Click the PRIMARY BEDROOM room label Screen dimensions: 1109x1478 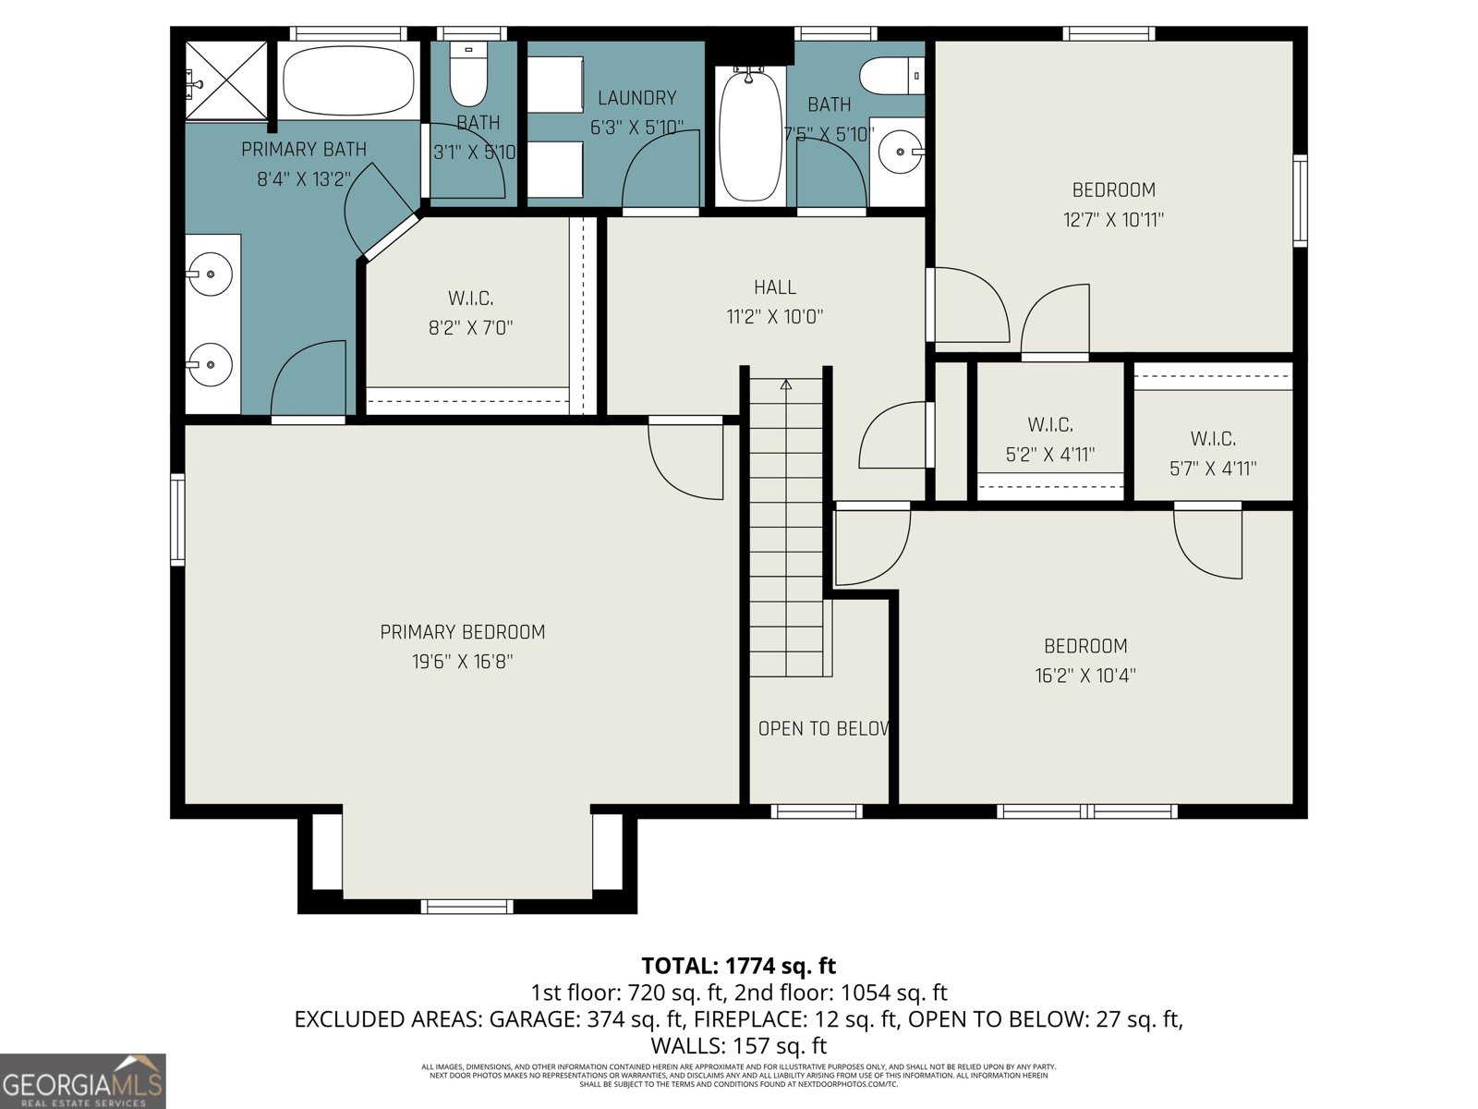[x=462, y=632]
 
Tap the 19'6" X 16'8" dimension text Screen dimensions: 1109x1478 [x=462, y=662]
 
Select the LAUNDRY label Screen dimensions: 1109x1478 [x=636, y=98]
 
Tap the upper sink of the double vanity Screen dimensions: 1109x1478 [x=212, y=274]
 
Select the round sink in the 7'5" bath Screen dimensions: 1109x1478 [x=897, y=151]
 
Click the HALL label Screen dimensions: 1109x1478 [x=774, y=287]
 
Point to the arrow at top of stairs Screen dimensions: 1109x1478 [x=786, y=384]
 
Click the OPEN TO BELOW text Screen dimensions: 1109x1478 [x=823, y=728]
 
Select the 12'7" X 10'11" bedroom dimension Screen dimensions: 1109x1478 [x=1113, y=220]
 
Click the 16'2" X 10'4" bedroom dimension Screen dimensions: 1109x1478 [x=1085, y=676]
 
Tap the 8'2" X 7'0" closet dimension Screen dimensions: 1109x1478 [x=470, y=327]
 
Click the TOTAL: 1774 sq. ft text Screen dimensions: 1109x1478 [x=738, y=966]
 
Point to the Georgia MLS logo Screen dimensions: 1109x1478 [x=83, y=1081]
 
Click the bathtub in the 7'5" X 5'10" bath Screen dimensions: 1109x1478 [x=749, y=136]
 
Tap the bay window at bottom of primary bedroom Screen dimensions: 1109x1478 [x=466, y=906]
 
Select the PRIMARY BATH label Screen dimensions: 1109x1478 [x=303, y=150]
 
